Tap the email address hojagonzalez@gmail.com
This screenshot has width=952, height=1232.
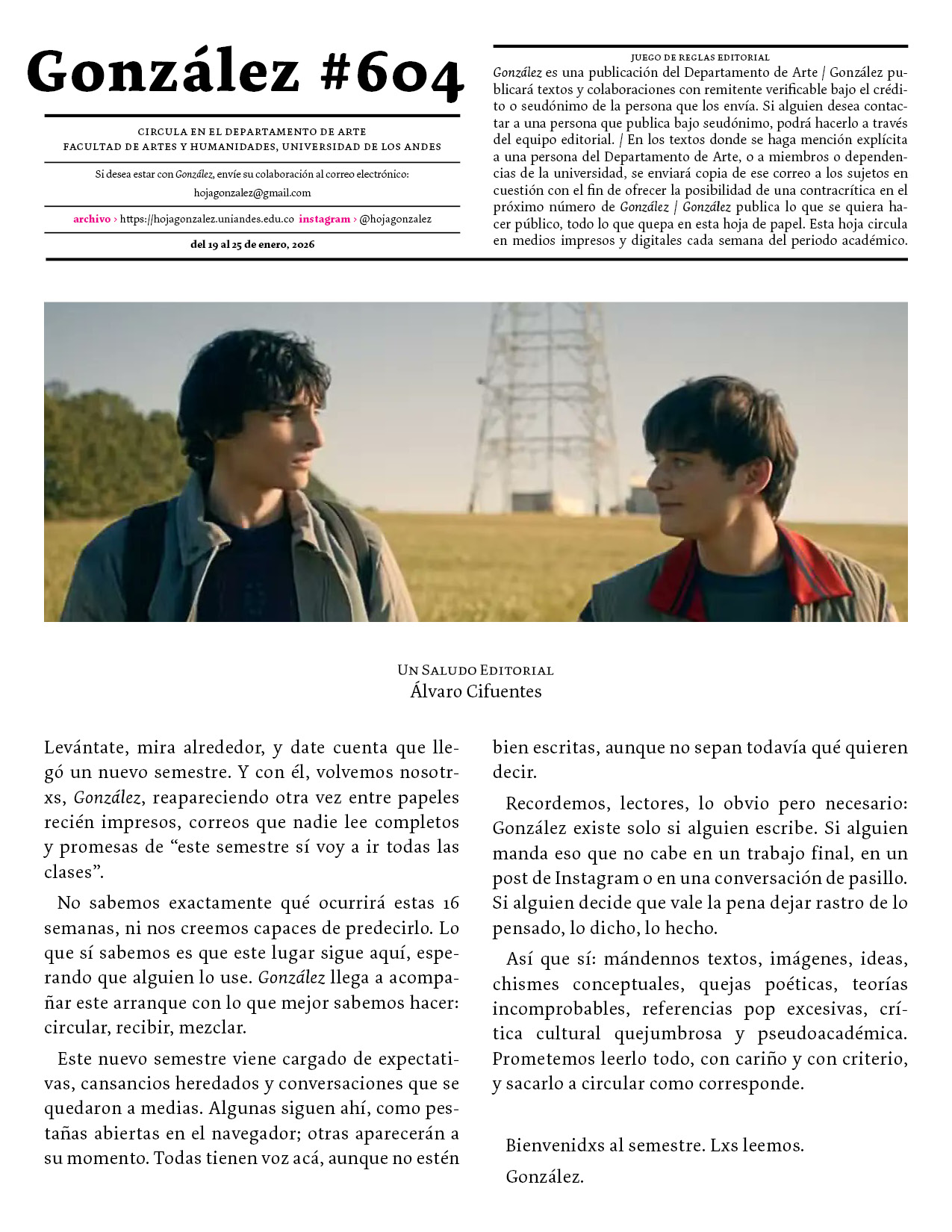click(252, 193)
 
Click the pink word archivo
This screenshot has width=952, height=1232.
click(92, 219)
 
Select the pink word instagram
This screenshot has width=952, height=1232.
click(324, 219)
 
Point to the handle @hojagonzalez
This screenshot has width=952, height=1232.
click(395, 219)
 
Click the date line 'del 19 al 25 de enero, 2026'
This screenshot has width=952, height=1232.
click(252, 244)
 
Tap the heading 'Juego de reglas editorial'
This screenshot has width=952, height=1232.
click(700, 57)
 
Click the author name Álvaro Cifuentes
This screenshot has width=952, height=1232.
click(476, 691)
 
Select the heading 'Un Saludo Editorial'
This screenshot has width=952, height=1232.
click(476, 670)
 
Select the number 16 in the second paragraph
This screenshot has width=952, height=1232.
click(450, 903)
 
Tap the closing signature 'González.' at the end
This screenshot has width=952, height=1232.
click(544, 1177)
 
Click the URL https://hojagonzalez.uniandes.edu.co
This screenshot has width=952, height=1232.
click(207, 219)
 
